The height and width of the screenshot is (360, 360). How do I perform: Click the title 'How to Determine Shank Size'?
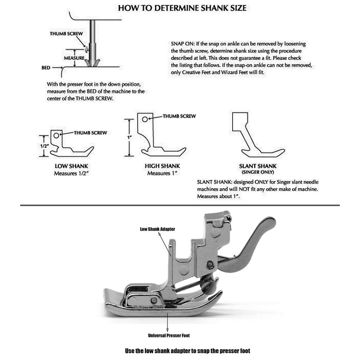tap(180, 8)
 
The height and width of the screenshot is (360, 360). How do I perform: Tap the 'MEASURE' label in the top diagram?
tap(74, 58)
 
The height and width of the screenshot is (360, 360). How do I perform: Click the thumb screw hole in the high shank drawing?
tap(144, 119)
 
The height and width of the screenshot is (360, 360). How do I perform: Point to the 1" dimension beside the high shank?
tap(129, 137)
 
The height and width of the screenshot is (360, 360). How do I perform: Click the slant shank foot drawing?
tap(252, 135)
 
